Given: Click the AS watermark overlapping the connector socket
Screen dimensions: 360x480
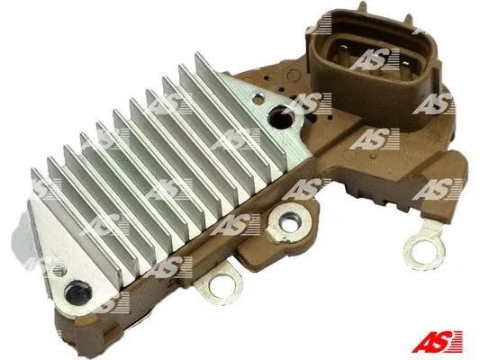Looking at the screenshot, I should [369, 59].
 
